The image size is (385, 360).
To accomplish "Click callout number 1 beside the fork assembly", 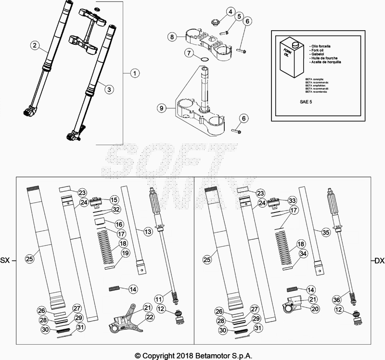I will point(135,74).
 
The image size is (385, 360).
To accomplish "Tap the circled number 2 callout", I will point(35,46).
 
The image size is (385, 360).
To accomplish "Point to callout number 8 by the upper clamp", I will point(172,37).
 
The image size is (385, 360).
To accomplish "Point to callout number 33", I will point(292,200).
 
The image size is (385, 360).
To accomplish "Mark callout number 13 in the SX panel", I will point(147,232).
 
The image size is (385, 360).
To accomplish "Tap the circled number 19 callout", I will point(125,253).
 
